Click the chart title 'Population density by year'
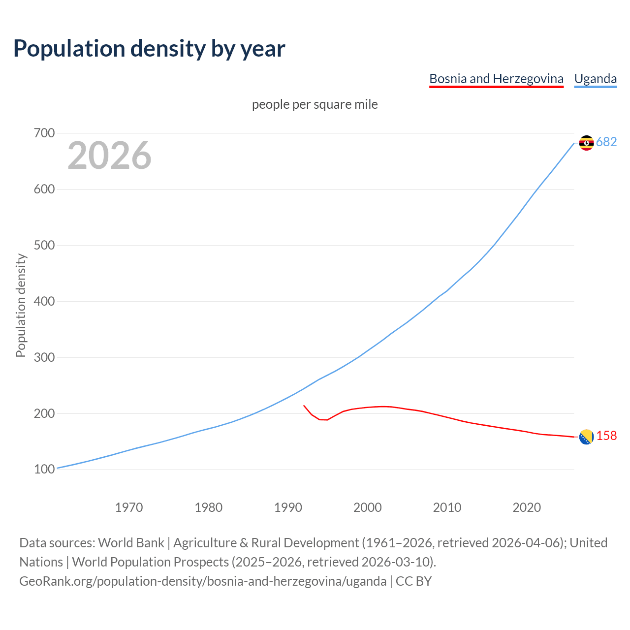[x=149, y=48]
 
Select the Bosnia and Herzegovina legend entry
[x=496, y=79]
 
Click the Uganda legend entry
[x=596, y=79]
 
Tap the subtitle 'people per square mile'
[x=315, y=104]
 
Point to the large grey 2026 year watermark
[x=109, y=156]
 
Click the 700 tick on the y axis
[x=44, y=133]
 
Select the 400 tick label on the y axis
[x=44, y=301]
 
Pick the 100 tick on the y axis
[x=44, y=469]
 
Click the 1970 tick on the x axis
[x=129, y=507]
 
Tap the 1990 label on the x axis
[x=288, y=507]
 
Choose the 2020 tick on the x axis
[x=527, y=507]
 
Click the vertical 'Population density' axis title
[x=21, y=305]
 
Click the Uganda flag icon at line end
[x=586, y=143]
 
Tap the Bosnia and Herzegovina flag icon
[x=586, y=437]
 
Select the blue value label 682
[x=606, y=142]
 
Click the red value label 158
[x=606, y=436]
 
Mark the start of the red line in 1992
[x=304, y=406]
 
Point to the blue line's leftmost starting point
[x=58, y=468]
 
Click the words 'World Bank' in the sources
[x=131, y=542]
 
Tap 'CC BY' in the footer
[x=413, y=581]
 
